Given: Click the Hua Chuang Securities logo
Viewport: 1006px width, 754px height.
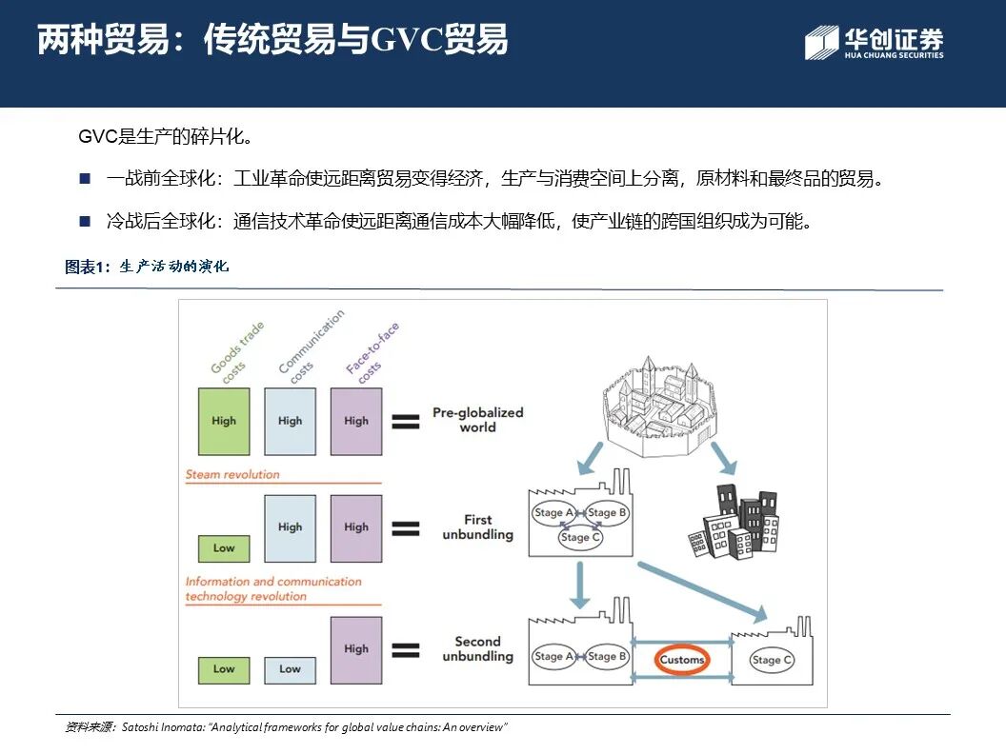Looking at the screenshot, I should pyautogui.click(x=874, y=43).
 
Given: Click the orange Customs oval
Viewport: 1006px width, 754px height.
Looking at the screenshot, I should pyautogui.click(x=682, y=659).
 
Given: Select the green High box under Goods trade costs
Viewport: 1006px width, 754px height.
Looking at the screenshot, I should pyautogui.click(x=224, y=420).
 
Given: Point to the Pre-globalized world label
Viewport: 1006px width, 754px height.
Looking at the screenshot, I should pyautogui.click(x=477, y=420).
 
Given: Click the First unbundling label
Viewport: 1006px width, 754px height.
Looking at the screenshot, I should pyautogui.click(x=477, y=526).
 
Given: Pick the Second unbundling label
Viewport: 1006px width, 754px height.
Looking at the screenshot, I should pyautogui.click(x=477, y=648).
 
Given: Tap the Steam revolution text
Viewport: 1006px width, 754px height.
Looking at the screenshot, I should pyautogui.click(x=232, y=474).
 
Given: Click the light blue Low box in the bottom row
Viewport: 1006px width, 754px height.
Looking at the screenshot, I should pyautogui.click(x=290, y=668).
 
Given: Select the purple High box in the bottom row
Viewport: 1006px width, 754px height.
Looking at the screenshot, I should pyautogui.click(x=356, y=648).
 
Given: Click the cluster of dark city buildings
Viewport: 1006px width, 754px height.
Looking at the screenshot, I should pyautogui.click(x=734, y=523).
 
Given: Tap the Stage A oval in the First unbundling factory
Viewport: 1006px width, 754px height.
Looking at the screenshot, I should pyautogui.click(x=553, y=512).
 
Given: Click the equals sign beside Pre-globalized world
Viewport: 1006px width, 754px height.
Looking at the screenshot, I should pyautogui.click(x=405, y=421).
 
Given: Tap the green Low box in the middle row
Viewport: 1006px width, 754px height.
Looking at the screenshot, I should pyautogui.click(x=224, y=547).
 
